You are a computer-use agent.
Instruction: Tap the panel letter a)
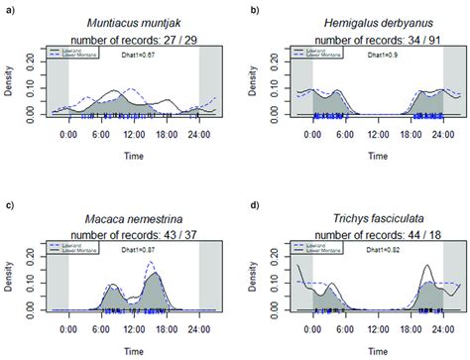point(9,8)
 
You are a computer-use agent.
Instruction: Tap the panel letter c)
point(9,203)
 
